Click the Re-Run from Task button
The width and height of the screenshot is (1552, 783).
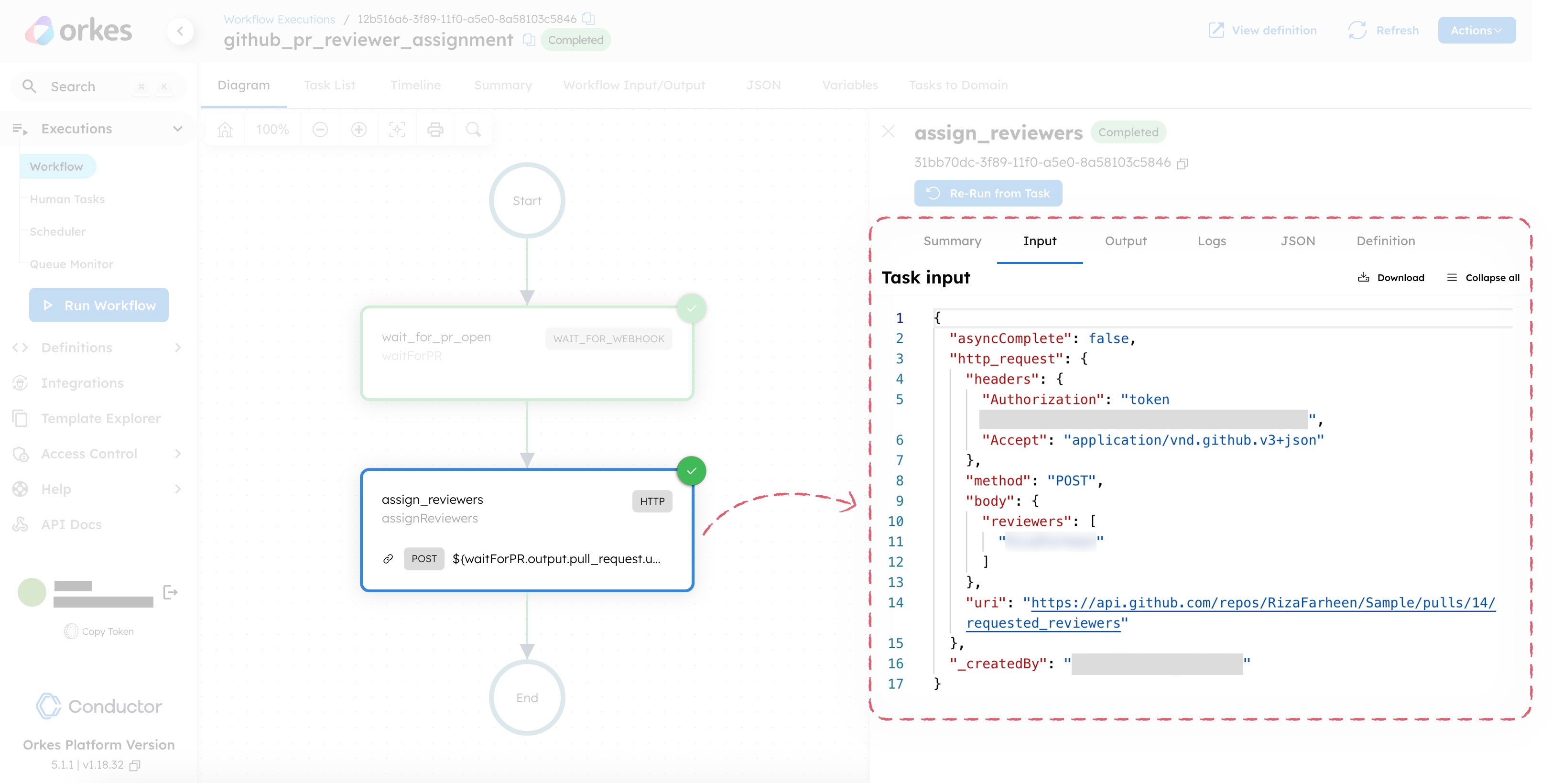(x=988, y=193)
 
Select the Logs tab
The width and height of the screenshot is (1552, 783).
(x=1212, y=241)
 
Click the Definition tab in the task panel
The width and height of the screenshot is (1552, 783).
(x=1386, y=241)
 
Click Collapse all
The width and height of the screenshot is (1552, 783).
(x=1483, y=278)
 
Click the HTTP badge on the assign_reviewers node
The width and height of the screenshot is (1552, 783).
(x=652, y=501)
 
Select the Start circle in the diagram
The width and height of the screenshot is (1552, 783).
(x=527, y=201)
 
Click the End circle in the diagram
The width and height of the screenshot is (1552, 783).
(x=527, y=697)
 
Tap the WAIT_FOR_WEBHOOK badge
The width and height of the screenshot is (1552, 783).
(x=608, y=338)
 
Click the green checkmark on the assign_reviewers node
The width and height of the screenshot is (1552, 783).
(x=691, y=471)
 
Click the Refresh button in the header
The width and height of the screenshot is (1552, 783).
(x=1384, y=30)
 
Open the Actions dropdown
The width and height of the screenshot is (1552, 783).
(x=1476, y=30)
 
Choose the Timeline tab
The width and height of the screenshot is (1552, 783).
(x=415, y=85)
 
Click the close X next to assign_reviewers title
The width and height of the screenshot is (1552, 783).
(x=888, y=131)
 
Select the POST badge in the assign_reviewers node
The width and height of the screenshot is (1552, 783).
(x=423, y=558)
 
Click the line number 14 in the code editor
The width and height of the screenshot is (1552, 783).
(x=895, y=602)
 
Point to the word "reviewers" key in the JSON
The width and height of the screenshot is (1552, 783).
(x=1030, y=522)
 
